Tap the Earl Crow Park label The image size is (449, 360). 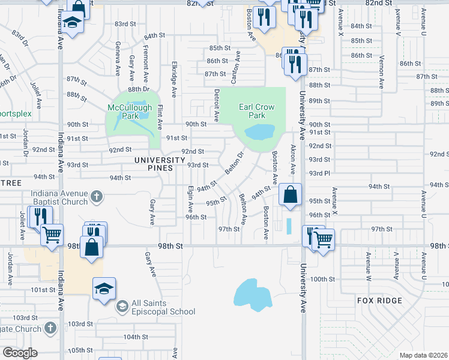click(256, 111)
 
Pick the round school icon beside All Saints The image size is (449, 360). click(122, 307)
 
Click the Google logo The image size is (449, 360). click(19, 353)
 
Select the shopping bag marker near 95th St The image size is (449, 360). click(290, 194)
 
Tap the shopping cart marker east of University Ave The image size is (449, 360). click(324, 239)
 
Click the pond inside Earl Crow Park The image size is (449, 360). click(259, 131)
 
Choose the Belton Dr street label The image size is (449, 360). click(234, 163)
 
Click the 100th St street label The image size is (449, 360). click(322, 279)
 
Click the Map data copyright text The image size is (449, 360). click(423, 355)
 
